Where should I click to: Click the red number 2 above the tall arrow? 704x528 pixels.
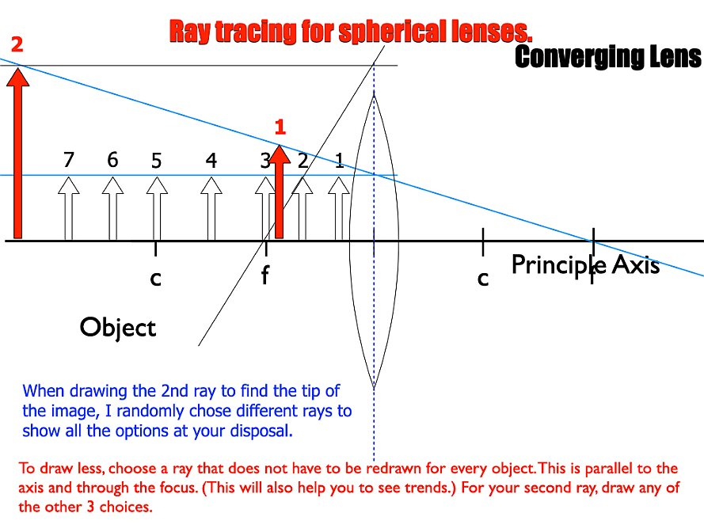(x=17, y=44)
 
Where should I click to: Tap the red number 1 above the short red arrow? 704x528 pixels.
(x=280, y=127)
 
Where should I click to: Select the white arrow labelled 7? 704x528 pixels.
(x=69, y=208)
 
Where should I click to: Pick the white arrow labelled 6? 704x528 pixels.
(x=112, y=208)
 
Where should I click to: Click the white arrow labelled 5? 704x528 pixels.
(x=157, y=208)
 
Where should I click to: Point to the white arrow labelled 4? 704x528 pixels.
(x=211, y=208)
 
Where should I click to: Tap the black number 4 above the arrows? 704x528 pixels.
(x=211, y=160)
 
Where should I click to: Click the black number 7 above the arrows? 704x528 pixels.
(x=68, y=159)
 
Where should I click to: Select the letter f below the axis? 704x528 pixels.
(x=265, y=275)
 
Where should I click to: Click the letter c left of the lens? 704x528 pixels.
(x=155, y=279)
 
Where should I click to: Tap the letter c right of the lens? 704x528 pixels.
(x=482, y=279)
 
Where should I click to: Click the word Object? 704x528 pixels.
(x=118, y=327)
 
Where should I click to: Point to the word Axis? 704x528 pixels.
(x=636, y=264)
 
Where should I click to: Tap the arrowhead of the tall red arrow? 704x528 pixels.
(x=17, y=76)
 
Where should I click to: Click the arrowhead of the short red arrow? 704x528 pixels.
(x=280, y=154)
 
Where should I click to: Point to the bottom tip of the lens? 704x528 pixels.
(x=374, y=387)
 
